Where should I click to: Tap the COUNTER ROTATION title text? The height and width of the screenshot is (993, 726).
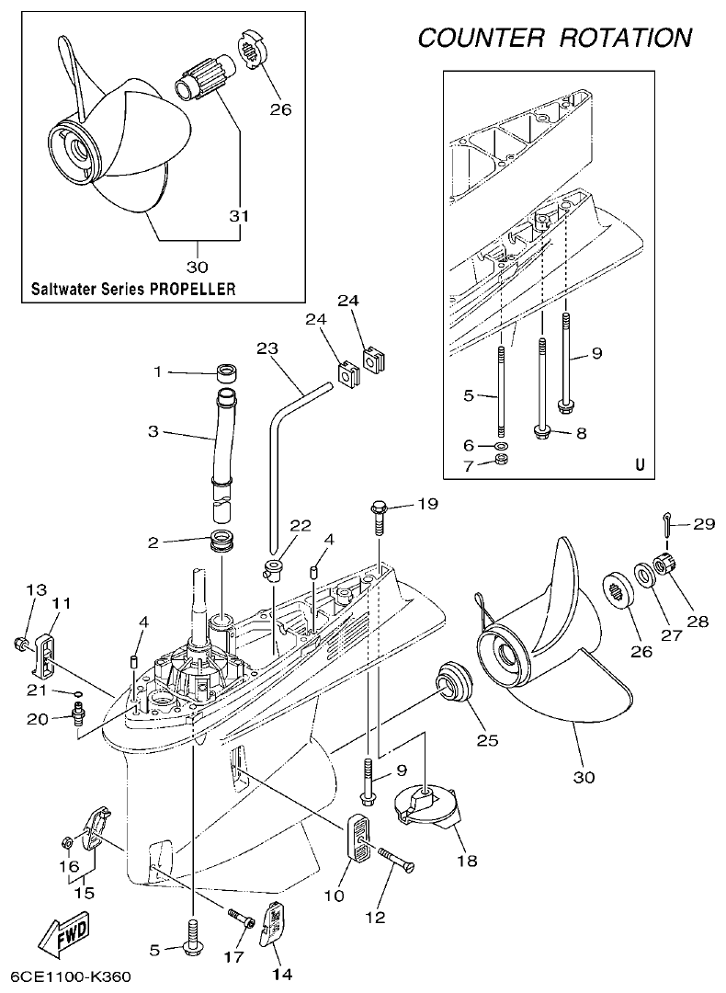(554, 38)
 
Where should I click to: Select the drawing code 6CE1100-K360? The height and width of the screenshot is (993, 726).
(73, 976)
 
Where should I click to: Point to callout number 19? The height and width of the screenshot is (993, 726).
(427, 504)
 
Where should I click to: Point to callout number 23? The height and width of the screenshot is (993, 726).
(267, 349)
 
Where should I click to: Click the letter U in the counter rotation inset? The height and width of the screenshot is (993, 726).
(640, 464)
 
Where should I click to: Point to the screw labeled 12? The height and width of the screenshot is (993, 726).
(395, 860)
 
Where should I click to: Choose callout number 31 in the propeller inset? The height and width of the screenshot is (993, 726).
(239, 216)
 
